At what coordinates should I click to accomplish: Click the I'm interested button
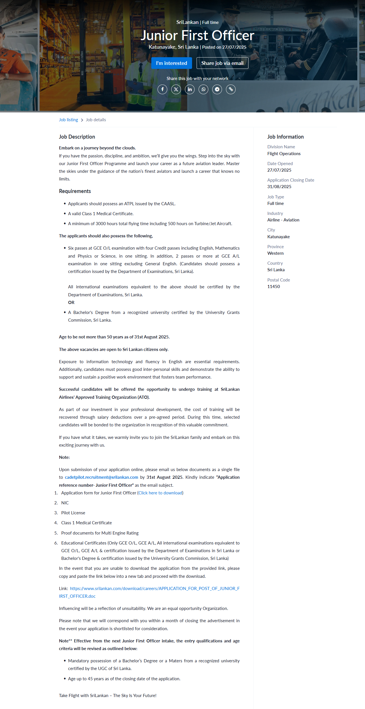coord(172,63)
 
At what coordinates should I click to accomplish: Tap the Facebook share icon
coord(162,89)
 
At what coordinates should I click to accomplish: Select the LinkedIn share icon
coord(190,89)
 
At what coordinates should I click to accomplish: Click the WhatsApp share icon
coord(203,89)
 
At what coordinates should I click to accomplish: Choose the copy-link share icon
coord(231,89)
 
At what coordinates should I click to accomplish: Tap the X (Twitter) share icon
coord(176,89)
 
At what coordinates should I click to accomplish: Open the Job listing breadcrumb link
coord(68,120)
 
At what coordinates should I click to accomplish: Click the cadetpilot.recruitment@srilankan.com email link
coord(101,477)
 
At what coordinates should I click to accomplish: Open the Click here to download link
coord(160,493)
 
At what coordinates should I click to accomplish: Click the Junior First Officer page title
coord(197,35)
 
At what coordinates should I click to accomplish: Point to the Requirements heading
coord(75,191)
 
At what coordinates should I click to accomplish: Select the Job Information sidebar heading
coord(286,137)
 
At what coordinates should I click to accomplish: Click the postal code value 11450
coord(274,287)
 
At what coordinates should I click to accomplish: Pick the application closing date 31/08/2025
coord(279,187)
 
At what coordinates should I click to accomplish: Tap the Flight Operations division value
coord(284,154)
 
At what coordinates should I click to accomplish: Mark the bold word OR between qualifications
coord(71,303)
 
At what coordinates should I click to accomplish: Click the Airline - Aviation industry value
coord(283,220)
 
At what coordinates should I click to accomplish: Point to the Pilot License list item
coord(73,513)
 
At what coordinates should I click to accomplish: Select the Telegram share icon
coord(217,89)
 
